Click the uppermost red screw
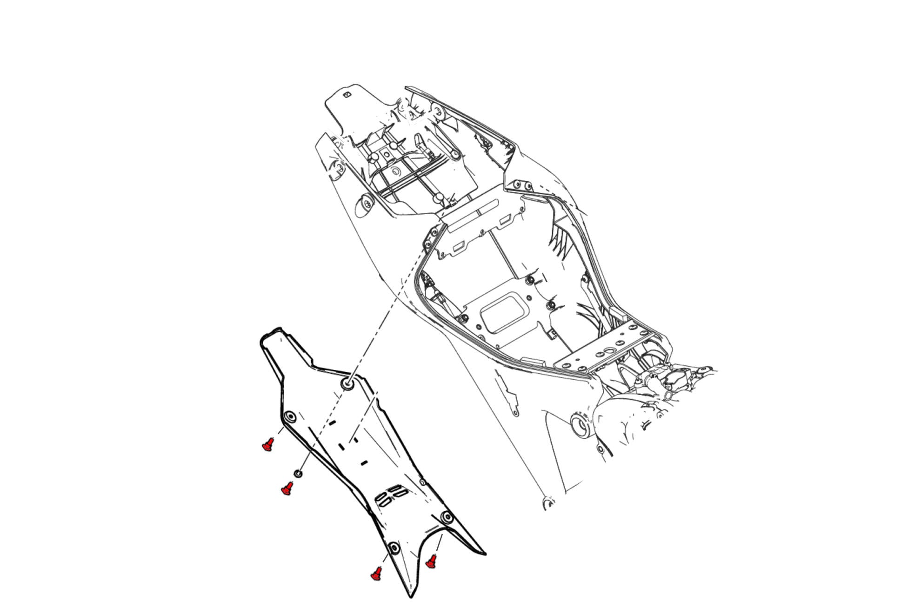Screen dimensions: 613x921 tap(267, 445)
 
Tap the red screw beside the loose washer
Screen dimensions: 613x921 tap(287, 488)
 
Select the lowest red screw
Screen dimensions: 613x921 tap(376, 574)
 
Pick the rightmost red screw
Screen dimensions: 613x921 tap(432, 561)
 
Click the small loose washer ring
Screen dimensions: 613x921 tap(298, 474)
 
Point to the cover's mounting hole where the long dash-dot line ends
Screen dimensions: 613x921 tap(347, 384)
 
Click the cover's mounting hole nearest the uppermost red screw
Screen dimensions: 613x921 tap(290, 416)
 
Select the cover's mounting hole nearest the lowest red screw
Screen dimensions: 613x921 tap(394, 548)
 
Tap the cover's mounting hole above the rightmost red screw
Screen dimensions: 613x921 tap(447, 517)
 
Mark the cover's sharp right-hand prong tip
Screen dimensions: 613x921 tap(485, 554)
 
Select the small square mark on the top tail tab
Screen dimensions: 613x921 tap(347, 95)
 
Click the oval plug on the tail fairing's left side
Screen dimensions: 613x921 tap(364, 204)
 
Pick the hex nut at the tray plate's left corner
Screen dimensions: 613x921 tap(463, 319)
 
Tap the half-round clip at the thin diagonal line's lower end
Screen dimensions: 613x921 tap(549, 504)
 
